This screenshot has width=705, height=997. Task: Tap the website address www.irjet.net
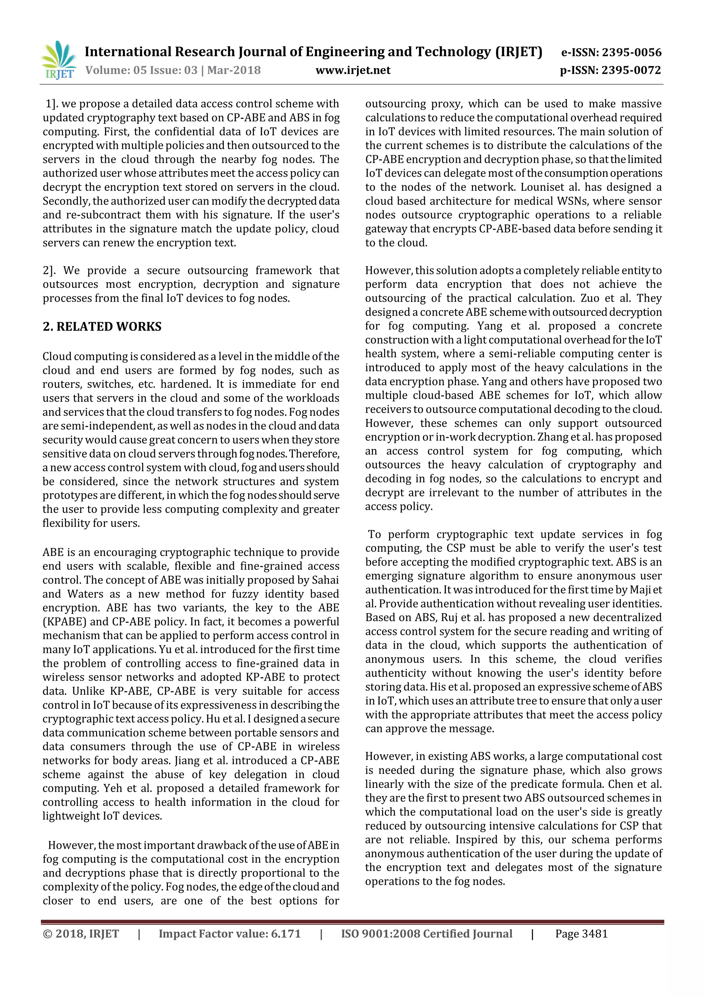click(353, 70)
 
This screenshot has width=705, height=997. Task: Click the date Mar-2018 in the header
click(234, 70)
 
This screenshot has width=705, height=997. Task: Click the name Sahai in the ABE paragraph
click(325, 580)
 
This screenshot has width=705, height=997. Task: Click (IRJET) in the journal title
click(519, 52)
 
